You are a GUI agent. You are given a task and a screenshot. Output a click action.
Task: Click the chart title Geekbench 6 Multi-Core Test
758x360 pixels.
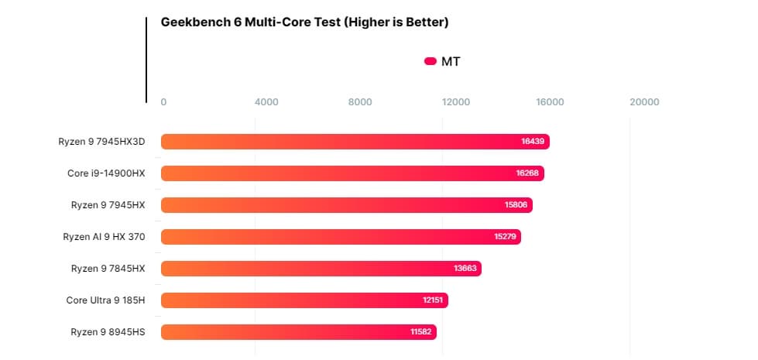coord(304,22)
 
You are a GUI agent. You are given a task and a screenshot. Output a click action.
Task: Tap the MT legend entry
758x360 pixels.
coord(443,61)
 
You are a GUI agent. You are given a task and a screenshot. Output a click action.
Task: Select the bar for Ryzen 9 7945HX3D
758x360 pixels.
coord(355,142)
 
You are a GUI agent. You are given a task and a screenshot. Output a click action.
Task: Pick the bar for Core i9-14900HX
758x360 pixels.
coord(352,173)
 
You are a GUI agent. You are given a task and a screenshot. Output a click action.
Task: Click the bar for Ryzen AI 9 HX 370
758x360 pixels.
coord(341,236)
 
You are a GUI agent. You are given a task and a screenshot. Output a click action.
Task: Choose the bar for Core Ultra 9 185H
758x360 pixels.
coord(304,300)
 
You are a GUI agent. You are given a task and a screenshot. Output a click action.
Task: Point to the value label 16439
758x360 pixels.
coord(533,142)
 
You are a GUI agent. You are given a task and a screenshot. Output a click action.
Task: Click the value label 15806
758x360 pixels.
coord(516,205)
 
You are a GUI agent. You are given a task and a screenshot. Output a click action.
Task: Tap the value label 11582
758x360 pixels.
coord(422,332)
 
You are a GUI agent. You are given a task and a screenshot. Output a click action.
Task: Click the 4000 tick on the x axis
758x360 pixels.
coord(266,102)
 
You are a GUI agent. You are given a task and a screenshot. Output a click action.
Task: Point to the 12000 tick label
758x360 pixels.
coord(456,102)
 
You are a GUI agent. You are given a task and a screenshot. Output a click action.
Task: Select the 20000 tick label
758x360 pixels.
coord(644,102)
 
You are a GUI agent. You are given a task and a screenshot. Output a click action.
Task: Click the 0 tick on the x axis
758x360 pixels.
coord(163,102)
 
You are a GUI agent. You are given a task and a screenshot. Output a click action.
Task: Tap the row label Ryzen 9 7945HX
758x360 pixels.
coord(108,205)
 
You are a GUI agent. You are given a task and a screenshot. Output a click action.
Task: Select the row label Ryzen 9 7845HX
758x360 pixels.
coord(108,269)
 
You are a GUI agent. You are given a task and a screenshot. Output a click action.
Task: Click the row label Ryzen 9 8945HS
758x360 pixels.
coord(108,332)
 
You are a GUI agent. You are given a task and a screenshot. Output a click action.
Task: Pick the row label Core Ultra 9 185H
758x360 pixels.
coord(105,300)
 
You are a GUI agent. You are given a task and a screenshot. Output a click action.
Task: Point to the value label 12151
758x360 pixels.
coord(433,300)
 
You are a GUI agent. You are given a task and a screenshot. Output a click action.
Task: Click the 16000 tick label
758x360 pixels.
coord(550,102)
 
